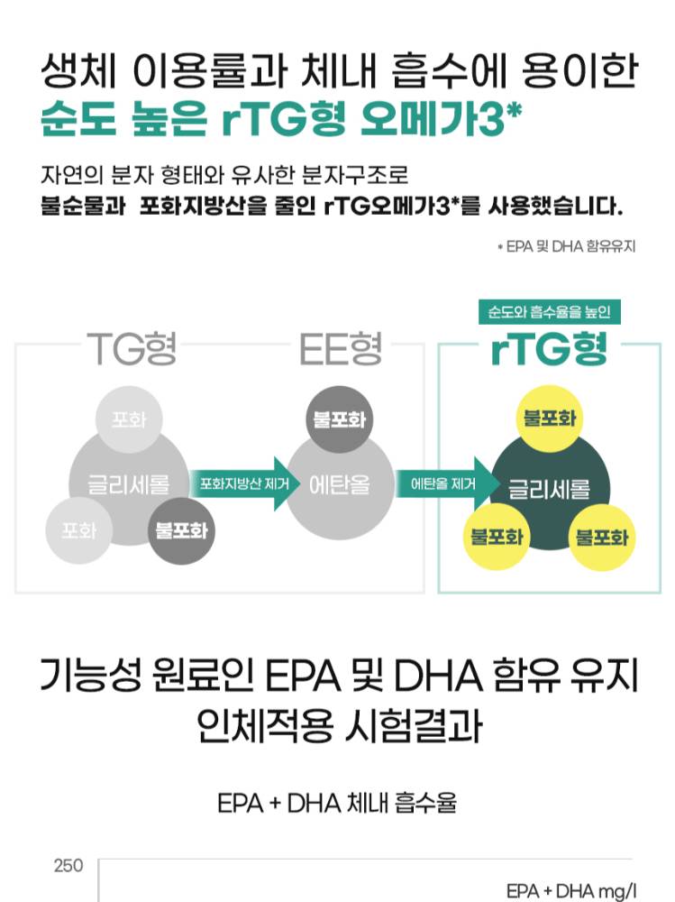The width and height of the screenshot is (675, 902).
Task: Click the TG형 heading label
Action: pos(132,349)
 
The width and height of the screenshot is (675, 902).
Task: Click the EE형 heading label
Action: pos(341,349)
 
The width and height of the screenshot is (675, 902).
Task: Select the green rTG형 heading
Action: pos(549,349)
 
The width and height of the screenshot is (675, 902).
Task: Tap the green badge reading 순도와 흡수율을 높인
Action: pos(549,312)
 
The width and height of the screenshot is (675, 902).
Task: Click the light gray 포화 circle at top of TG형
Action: pos(129,419)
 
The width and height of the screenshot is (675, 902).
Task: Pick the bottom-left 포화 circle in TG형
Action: pos(79,529)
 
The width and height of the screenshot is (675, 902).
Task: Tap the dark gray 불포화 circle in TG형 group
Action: pos(181,529)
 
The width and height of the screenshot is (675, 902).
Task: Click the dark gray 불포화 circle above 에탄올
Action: pos(341,419)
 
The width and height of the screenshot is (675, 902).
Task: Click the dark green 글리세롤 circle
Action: pos(549,490)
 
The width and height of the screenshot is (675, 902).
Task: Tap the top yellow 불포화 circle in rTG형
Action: pos(549,419)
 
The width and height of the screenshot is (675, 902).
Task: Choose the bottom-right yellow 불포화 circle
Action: pos(602,537)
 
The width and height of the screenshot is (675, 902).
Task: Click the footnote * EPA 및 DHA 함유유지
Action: pos(567,245)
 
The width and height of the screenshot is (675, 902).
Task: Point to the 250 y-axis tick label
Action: pos(68,866)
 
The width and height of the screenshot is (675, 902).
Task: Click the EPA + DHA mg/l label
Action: pos(571,891)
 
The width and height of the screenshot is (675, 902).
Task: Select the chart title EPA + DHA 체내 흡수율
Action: pos(337,803)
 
